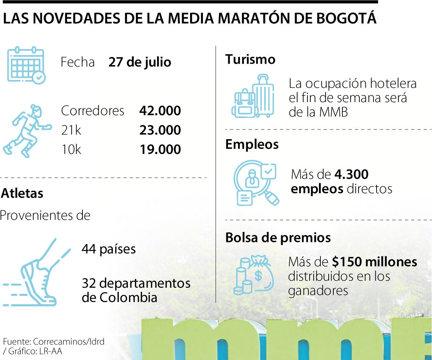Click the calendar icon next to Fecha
pos(26,65)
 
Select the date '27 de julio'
pos(140,62)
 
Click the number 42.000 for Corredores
pos(160,111)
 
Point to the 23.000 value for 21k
pos(160,130)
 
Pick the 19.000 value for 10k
pos(160,150)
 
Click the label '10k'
pos(71,150)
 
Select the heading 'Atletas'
pos(22,193)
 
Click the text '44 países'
pos(109,249)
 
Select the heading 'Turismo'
pos(250,59)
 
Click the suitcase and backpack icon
pos(253,96)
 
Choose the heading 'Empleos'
pos(252,144)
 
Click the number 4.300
pos(351,175)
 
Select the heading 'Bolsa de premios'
pos(278,238)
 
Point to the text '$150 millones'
pos(375,262)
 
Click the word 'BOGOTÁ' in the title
pos(341,19)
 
